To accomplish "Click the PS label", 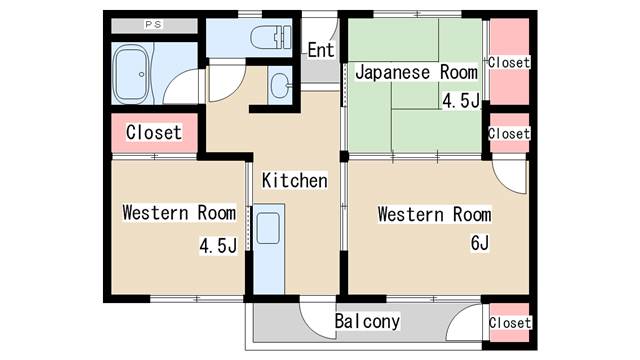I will [x=154, y=24].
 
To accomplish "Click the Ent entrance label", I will [x=320, y=50].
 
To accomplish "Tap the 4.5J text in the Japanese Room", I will [x=461, y=100].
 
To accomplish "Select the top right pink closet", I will [x=508, y=62].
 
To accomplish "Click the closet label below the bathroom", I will [x=154, y=132].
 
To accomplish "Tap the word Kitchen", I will [x=295, y=181].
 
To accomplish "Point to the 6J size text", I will [x=479, y=243].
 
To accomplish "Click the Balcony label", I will [x=367, y=322].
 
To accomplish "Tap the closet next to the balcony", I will [x=508, y=322].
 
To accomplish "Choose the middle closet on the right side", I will [x=508, y=133].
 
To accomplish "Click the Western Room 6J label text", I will [x=434, y=214].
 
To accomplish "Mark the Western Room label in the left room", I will [x=179, y=213].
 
